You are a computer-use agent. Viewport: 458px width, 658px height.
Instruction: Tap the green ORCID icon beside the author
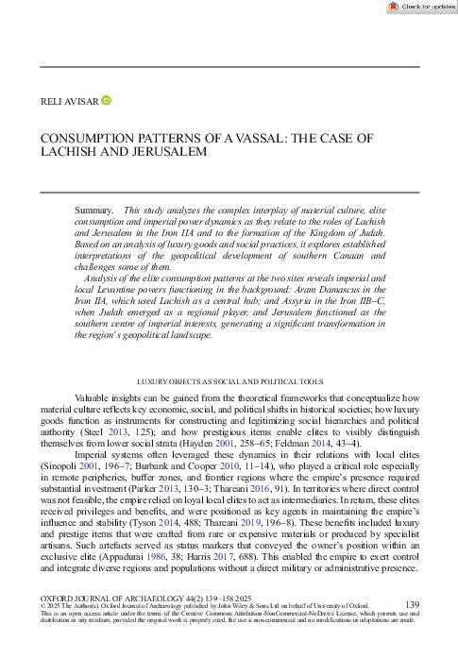(x=106, y=99)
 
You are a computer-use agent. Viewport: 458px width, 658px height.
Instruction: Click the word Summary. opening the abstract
(x=95, y=209)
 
